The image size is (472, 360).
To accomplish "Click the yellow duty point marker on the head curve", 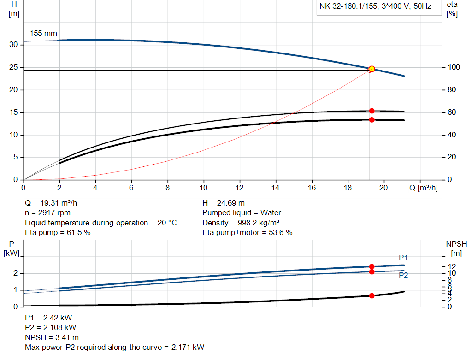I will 372,69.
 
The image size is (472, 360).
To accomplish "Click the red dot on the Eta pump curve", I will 372,111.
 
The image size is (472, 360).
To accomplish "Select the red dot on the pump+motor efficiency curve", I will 372,120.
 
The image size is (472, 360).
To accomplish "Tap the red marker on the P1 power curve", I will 372,266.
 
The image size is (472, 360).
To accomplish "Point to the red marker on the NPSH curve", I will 372,295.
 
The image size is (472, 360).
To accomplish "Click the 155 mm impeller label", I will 43,34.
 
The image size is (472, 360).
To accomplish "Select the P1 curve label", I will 403,258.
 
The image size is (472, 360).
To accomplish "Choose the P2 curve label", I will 403,276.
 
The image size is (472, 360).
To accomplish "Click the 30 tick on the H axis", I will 14,45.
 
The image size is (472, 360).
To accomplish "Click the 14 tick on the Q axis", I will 276,188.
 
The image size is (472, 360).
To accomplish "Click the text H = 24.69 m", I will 224,203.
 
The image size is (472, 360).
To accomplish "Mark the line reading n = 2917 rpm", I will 48,213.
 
